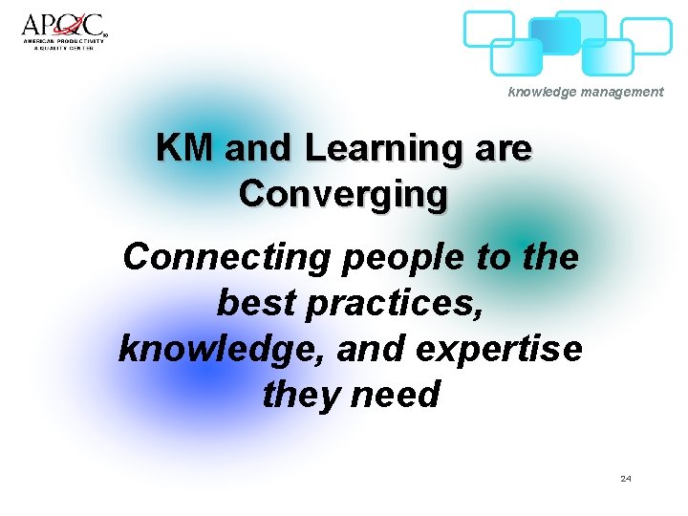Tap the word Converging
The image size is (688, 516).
click(343, 194)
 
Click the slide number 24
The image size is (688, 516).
click(625, 478)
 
